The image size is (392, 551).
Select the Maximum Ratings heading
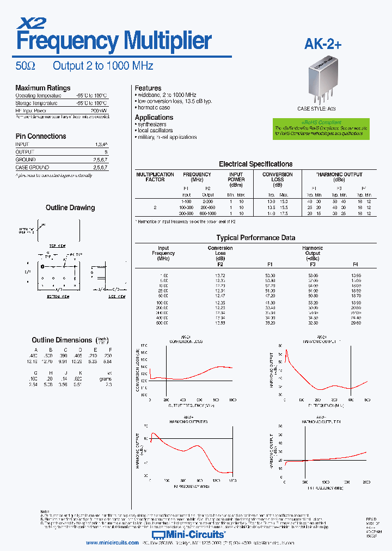pyautogui.click(x=42, y=88)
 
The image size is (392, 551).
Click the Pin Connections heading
pyautogui.click(x=40, y=136)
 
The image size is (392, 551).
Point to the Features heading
pyautogui.click(x=148, y=88)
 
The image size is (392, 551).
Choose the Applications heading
pyautogui.click(x=154, y=117)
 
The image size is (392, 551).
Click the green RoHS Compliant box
pyautogui.click(x=321, y=129)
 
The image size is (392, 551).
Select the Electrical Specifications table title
pyautogui.click(x=255, y=164)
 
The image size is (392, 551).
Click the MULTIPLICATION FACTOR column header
pyautogui.click(x=155, y=177)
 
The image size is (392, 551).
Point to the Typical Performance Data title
pyautogui.click(x=256, y=238)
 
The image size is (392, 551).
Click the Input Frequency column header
pyautogui.click(x=163, y=253)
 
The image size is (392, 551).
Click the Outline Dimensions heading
pyautogui.click(x=62, y=340)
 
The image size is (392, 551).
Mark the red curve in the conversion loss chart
pyautogui.click(x=207, y=373)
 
